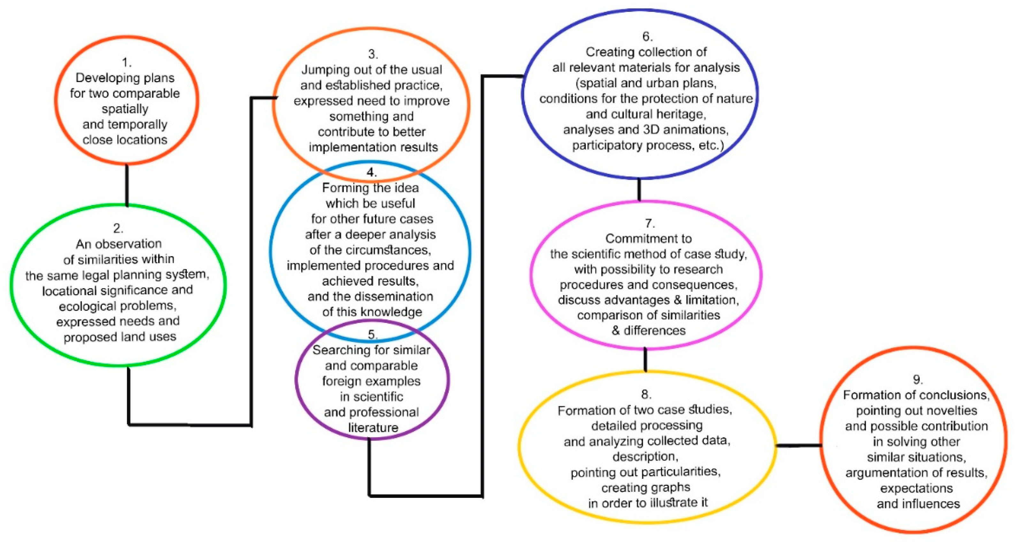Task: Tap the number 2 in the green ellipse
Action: tap(117, 228)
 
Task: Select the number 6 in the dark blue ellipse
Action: tap(647, 36)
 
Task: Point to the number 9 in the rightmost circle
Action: tap(917, 379)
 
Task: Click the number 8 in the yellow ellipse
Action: tap(646, 394)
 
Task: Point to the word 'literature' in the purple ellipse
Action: tap(373, 428)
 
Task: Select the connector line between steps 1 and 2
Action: tap(127, 185)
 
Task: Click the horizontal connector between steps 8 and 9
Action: tap(799, 446)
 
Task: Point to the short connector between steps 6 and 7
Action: tap(639, 189)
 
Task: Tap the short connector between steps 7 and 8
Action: tap(645, 359)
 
